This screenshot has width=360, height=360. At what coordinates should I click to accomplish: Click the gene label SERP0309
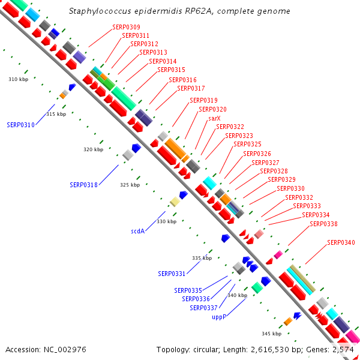126,27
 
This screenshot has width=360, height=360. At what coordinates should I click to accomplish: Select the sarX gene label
214,118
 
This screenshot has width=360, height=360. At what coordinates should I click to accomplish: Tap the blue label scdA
138,231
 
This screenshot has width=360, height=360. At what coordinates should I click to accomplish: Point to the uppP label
219,317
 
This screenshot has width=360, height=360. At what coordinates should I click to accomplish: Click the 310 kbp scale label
19,79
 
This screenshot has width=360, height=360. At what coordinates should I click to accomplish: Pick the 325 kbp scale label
130,185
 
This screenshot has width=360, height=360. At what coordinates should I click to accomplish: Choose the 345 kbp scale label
272,334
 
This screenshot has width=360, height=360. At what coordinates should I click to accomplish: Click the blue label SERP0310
20,125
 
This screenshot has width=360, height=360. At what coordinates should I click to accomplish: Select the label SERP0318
84,185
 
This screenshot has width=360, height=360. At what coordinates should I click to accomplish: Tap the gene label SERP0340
341,242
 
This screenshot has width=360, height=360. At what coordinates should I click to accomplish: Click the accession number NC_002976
65,350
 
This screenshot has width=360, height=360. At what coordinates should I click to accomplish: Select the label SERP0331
172,274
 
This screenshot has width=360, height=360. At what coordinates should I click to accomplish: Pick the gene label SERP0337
203,308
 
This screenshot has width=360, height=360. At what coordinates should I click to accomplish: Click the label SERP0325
247,144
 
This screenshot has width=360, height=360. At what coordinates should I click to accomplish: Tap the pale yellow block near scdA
175,202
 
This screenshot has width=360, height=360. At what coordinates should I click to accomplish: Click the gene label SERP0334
316,215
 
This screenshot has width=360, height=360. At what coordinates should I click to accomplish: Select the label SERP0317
191,88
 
